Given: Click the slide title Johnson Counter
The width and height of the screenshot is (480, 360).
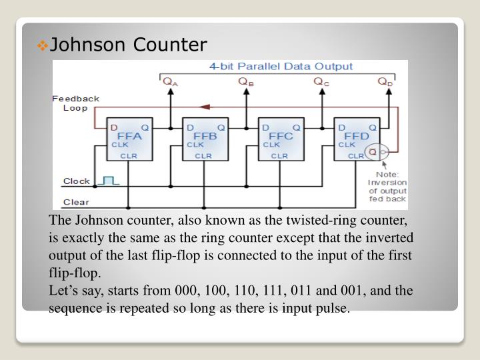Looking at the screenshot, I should tap(129, 45).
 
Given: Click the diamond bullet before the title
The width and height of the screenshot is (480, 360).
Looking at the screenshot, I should tap(43, 45).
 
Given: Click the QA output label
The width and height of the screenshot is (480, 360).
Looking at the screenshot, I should tap(171, 82).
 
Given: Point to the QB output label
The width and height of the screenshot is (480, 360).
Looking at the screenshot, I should tap(246, 82).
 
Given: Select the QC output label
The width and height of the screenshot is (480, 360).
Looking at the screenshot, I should tap(322, 82).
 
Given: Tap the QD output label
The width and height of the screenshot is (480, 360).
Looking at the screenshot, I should tap(385, 82).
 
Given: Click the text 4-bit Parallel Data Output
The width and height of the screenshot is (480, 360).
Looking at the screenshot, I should tap(281, 67).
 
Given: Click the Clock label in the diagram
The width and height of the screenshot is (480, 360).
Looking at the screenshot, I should tap(76, 181).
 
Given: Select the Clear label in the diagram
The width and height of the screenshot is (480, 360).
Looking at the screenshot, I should tap(75, 202).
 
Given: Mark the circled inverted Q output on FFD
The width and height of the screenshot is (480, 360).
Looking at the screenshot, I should tap(373, 153).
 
